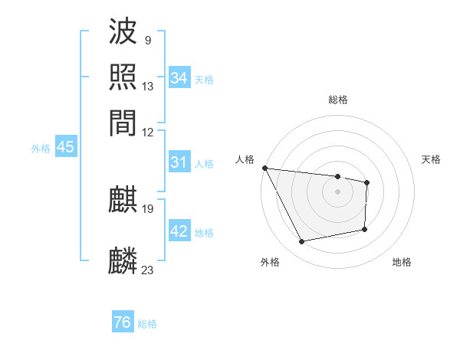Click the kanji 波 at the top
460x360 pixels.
[123, 33]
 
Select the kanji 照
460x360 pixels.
[123, 77]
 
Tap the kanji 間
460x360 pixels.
[123, 123]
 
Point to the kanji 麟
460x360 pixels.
[123, 261]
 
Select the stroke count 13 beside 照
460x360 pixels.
[148, 87]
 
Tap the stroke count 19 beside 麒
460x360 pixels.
[148, 208]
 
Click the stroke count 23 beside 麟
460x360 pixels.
[148, 269]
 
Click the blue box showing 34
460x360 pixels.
[179, 77]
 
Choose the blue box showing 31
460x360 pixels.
[179, 162]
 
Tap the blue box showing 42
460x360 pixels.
[179, 231]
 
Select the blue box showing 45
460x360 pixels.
[65, 148]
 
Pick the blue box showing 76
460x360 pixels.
[122, 322]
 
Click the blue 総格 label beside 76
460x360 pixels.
[147, 324]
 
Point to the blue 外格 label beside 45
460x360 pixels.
[41, 149]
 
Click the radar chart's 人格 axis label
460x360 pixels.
[246, 159]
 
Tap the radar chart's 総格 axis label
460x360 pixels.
[337, 100]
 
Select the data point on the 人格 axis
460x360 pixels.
[264, 168]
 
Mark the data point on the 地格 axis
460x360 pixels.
[365, 229]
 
